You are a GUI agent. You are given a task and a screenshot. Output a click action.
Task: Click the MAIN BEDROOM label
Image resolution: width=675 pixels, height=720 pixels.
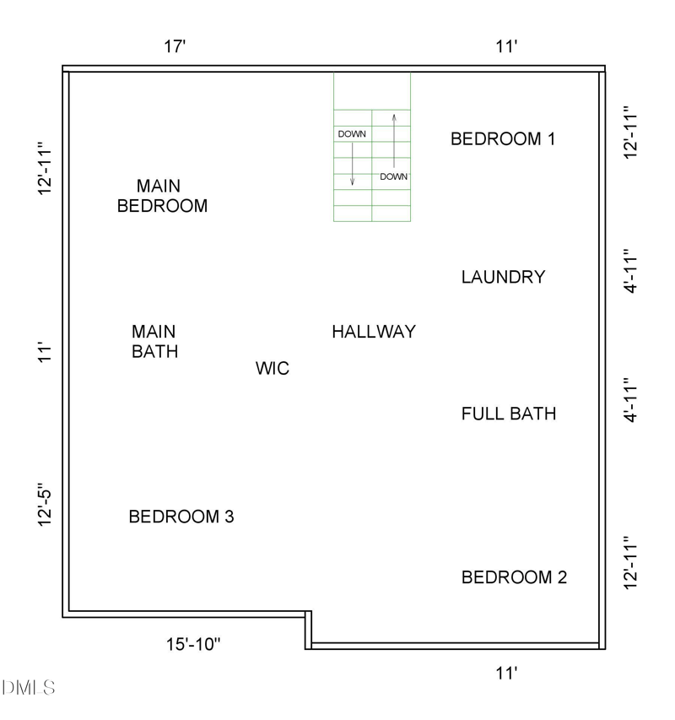coord(162,195)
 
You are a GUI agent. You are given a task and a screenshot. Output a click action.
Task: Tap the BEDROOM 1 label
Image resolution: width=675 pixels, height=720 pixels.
coord(503,139)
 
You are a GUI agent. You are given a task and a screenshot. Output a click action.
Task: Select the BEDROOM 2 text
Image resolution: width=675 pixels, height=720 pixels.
coord(514,577)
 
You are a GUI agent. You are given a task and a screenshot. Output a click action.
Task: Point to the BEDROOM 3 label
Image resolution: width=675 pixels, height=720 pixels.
coord(181,517)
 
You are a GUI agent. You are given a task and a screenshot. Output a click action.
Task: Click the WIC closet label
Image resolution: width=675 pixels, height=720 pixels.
coord(272,369)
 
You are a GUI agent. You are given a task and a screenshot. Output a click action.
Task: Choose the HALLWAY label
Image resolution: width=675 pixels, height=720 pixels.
coord(373,332)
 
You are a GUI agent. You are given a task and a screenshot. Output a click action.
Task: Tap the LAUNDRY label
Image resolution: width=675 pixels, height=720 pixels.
coord(503,277)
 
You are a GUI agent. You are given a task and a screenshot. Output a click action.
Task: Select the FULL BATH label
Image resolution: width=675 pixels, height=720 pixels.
coord(509,414)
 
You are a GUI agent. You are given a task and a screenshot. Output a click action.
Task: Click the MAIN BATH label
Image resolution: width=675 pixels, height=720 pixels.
coord(154,341)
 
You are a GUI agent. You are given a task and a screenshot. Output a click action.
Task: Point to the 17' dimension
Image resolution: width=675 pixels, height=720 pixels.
coord(175,47)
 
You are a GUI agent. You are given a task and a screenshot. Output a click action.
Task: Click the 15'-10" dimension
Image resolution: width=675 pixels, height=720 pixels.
coord(193,645)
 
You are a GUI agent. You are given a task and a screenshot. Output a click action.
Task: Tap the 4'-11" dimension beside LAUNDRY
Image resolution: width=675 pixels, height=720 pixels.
coord(629,271)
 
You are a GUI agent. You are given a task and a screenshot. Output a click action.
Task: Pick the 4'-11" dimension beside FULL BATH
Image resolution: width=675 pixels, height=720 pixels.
coord(629,400)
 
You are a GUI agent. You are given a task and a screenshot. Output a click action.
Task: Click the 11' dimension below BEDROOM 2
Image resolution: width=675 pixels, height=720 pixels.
coord(505,673)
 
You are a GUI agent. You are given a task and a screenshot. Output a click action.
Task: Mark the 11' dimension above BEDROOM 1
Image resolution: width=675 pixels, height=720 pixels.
coord(505,47)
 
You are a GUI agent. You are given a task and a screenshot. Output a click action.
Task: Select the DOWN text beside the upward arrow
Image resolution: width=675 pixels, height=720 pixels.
coord(394,177)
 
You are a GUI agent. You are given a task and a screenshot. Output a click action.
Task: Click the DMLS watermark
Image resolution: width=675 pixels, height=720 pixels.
coord(29,688)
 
